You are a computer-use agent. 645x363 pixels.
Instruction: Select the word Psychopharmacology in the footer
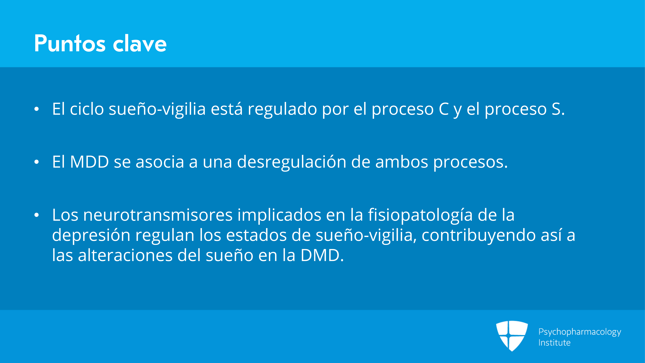[x=580, y=332]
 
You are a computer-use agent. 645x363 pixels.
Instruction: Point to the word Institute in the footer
[x=554, y=343]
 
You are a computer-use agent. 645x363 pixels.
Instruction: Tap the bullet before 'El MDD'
[x=37, y=162]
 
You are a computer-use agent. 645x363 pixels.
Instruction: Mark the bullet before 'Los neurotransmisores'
[x=37, y=215]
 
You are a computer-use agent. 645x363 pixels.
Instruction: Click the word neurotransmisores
[x=158, y=215]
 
